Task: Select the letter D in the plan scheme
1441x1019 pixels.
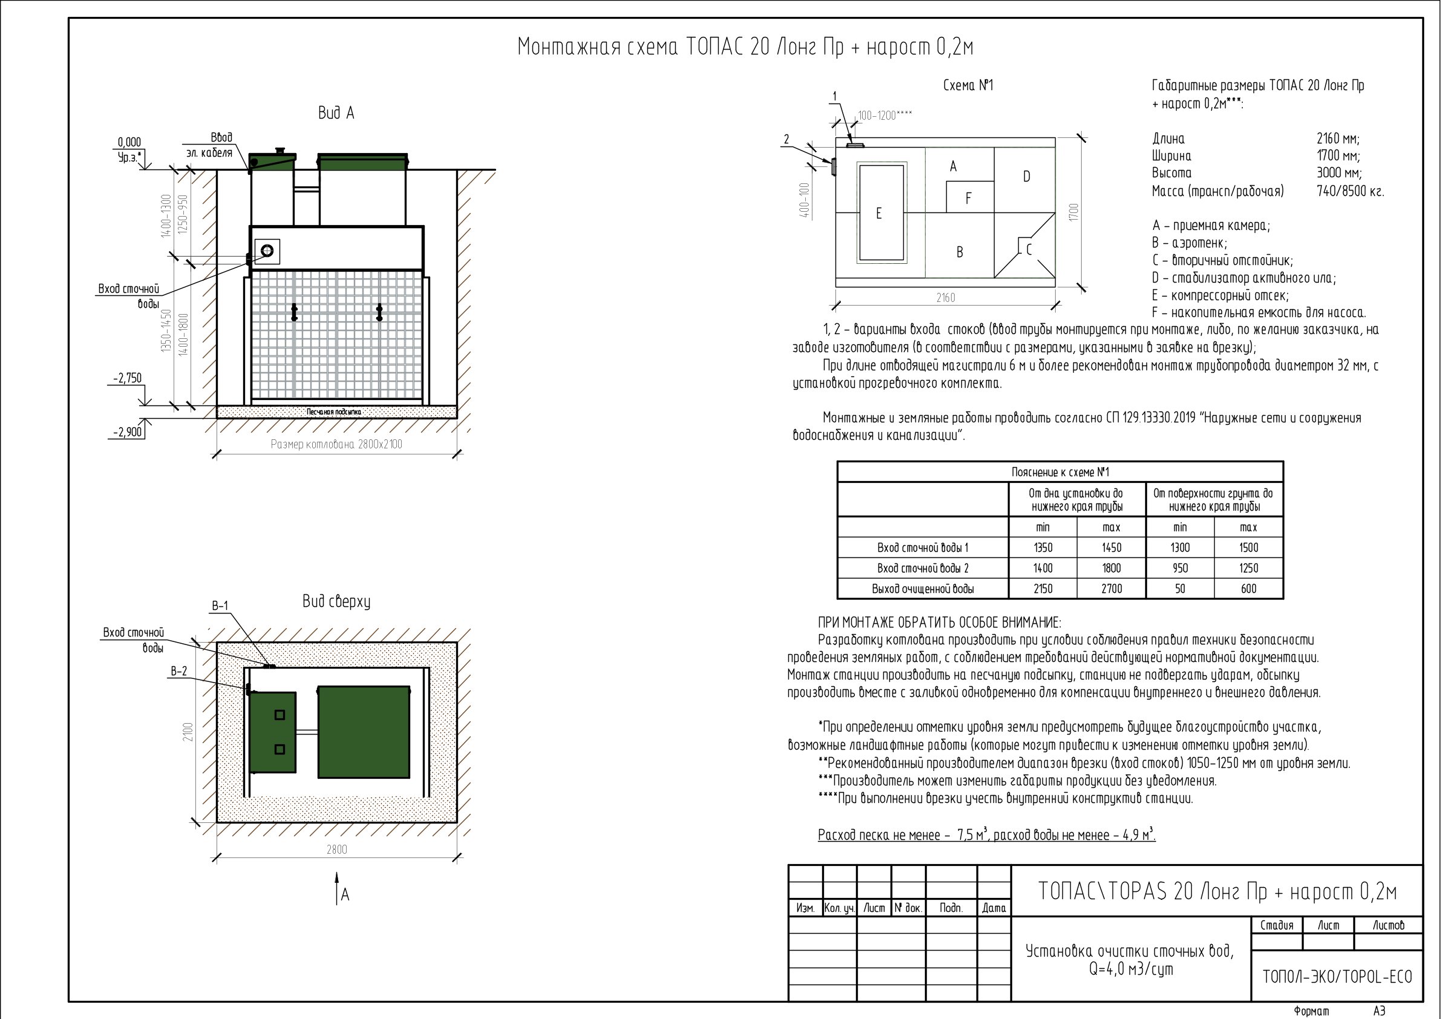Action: pos(1026,177)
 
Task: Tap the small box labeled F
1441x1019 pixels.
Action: pos(970,197)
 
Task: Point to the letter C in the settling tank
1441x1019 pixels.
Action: pos(1028,250)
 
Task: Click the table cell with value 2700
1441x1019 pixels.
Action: pos(1111,588)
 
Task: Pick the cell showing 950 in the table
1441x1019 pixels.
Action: pos(1180,568)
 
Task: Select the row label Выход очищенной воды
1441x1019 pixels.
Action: pos(923,588)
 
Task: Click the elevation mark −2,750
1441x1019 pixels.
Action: pos(128,378)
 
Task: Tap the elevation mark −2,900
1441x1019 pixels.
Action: pos(128,432)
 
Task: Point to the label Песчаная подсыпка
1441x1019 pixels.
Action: pos(334,412)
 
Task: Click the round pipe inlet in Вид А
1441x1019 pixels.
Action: pos(267,251)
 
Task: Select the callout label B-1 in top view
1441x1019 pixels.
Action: pos(220,606)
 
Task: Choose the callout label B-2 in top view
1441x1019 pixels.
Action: pos(179,671)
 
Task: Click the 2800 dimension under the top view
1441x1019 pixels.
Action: pos(336,849)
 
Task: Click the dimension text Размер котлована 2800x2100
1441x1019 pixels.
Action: pos(336,445)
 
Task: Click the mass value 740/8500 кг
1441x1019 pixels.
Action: pos(1350,191)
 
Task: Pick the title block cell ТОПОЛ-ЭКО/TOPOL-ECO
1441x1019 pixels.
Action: pos(1338,977)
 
